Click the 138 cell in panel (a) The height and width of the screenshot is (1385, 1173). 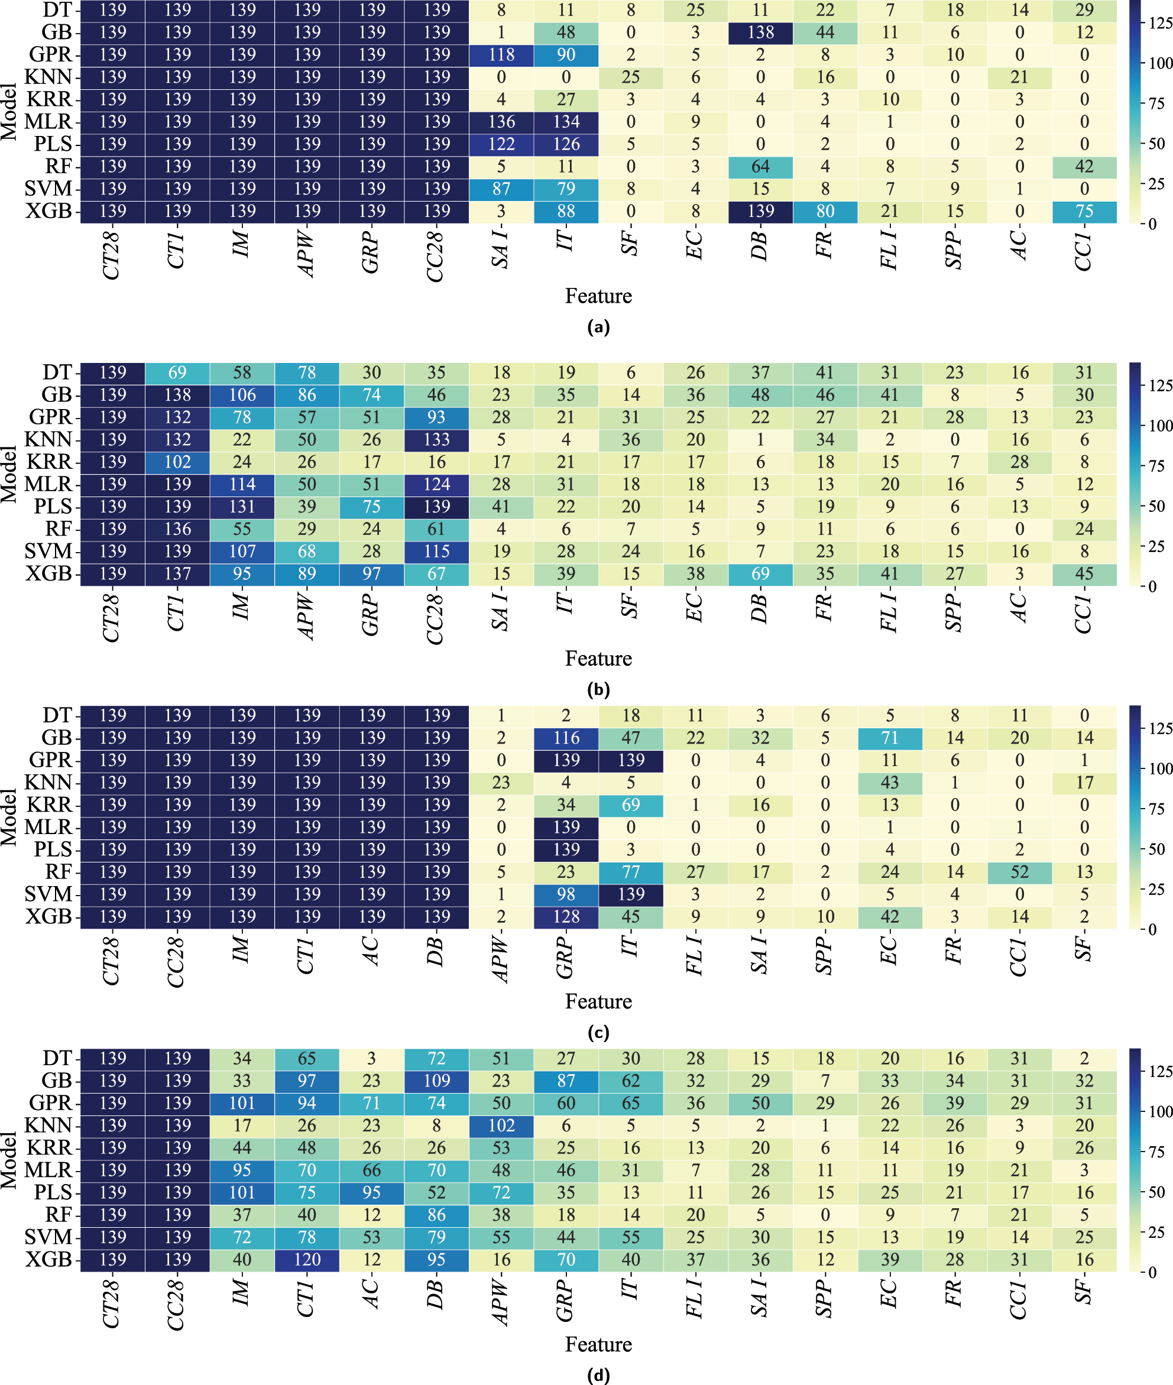pyautogui.click(x=760, y=32)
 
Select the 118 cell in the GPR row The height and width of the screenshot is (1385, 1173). pyautogui.click(x=501, y=54)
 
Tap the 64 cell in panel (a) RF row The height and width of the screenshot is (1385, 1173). pyautogui.click(x=760, y=166)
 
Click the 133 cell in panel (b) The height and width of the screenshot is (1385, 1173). pyautogui.click(x=436, y=440)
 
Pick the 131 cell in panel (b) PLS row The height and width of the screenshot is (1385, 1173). pyautogui.click(x=242, y=507)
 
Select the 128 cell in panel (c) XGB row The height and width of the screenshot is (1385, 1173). pyautogui.click(x=566, y=916)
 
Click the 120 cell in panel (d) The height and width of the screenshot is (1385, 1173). pyautogui.click(x=306, y=1259)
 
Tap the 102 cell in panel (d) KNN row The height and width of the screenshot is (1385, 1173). pyautogui.click(x=501, y=1125)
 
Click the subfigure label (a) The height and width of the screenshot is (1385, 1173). pyautogui.click(x=598, y=326)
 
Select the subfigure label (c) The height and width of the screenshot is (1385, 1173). pyautogui.click(x=598, y=1033)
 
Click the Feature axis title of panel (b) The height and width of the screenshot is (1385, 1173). pyautogui.click(x=598, y=659)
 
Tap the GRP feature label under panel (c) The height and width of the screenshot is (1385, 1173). pyautogui.click(x=565, y=958)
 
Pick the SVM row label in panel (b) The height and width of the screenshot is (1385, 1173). pyautogui.click(x=48, y=551)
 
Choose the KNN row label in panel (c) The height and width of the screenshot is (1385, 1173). pyautogui.click(x=48, y=782)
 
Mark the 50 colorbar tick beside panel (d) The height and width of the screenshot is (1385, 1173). pyautogui.click(x=1158, y=1192)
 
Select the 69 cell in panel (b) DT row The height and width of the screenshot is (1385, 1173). pyautogui.click(x=177, y=372)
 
